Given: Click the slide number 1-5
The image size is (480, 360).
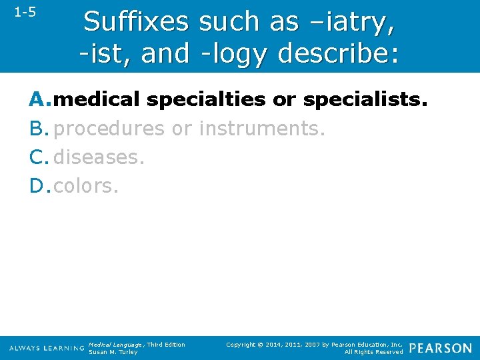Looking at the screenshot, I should (x=25, y=12).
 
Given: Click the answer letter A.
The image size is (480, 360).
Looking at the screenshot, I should (x=39, y=99).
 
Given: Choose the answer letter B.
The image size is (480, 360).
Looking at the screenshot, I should (x=39, y=128).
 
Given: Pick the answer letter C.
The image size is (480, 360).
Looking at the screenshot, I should (x=39, y=157).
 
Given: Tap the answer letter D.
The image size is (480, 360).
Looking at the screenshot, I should (x=39, y=186).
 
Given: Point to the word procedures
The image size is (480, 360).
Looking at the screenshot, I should (x=109, y=128).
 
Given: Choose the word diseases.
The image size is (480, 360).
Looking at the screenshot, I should (x=99, y=157).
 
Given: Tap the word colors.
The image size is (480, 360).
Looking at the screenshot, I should (x=86, y=186).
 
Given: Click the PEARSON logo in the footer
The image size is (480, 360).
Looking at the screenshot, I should (x=441, y=348).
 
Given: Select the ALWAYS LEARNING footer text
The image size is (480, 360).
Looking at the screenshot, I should (x=47, y=349).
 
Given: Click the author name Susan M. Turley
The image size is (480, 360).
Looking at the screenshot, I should (x=113, y=352).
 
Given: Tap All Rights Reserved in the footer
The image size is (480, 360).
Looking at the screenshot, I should (x=373, y=352).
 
